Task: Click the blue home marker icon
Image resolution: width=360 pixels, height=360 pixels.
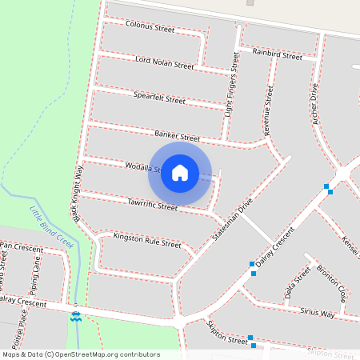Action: pyautogui.click(x=180, y=173)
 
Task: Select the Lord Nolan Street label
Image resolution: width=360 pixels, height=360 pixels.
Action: pyautogui.click(x=165, y=62)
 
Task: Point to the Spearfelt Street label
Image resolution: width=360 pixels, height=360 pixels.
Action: pyautogui.click(x=159, y=99)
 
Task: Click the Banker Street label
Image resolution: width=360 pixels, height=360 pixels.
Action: pyautogui.click(x=178, y=138)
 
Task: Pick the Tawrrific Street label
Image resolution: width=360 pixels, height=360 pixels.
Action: pyautogui.click(x=152, y=206)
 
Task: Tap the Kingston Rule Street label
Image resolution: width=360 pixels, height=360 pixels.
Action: pyautogui.click(x=147, y=239)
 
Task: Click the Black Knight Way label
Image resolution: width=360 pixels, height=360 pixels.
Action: pyautogui.click(x=77, y=194)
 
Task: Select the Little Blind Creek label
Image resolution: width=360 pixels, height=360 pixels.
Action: pyautogui.click(x=52, y=228)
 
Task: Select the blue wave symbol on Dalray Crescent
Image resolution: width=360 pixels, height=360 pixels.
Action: pyautogui.click(x=76, y=318)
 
